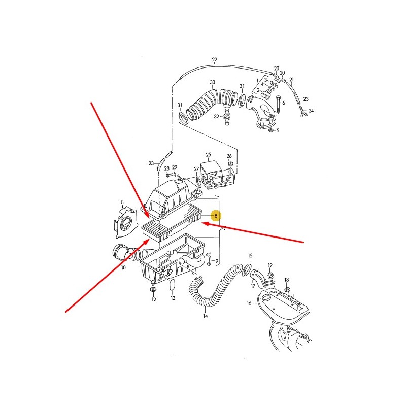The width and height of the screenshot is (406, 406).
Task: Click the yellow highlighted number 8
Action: click(x=216, y=216)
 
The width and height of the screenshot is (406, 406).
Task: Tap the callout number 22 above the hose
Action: click(x=214, y=60)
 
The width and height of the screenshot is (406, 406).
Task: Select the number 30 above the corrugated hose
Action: click(x=212, y=82)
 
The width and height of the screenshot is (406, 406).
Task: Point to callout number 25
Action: click(x=209, y=155)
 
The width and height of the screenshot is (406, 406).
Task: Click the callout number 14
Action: click(x=206, y=316)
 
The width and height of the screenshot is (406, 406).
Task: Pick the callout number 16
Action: click(x=249, y=303)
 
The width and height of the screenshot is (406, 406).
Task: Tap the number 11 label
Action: click(x=122, y=202)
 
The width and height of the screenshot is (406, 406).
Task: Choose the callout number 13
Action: click(x=173, y=298)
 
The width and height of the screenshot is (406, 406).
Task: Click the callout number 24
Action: click(x=311, y=111)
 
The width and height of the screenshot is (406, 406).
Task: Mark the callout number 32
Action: click(x=217, y=117)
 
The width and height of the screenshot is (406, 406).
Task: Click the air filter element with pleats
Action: click(x=173, y=222)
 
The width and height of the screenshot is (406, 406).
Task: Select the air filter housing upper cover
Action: click(x=172, y=197)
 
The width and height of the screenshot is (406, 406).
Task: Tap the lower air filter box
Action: click(x=172, y=259)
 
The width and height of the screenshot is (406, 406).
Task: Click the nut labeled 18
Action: click(x=287, y=289)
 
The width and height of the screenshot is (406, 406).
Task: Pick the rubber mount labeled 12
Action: click(x=154, y=289)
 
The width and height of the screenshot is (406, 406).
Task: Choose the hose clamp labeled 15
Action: click(x=247, y=269)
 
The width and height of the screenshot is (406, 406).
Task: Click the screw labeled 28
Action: click(x=168, y=175)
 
